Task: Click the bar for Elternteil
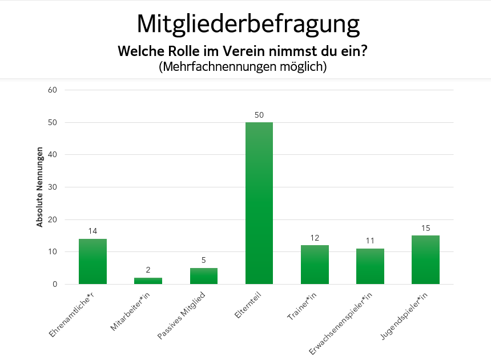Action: point(259,203)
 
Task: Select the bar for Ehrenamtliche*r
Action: point(92,261)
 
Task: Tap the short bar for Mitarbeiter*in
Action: point(148,281)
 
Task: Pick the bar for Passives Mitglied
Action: point(203,276)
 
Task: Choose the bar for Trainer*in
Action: point(315,265)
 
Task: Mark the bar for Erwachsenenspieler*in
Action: point(370,266)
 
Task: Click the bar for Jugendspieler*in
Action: point(425,259)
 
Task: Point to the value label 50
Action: point(259,115)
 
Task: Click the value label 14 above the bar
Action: point(92,231)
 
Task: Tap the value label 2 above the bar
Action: point(148,270)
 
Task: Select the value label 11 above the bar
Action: point(370,241)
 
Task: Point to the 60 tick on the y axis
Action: point(53,90)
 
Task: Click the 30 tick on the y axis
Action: point(53,187)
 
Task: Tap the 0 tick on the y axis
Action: point(55,284)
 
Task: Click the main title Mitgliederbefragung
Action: point(248,24)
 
